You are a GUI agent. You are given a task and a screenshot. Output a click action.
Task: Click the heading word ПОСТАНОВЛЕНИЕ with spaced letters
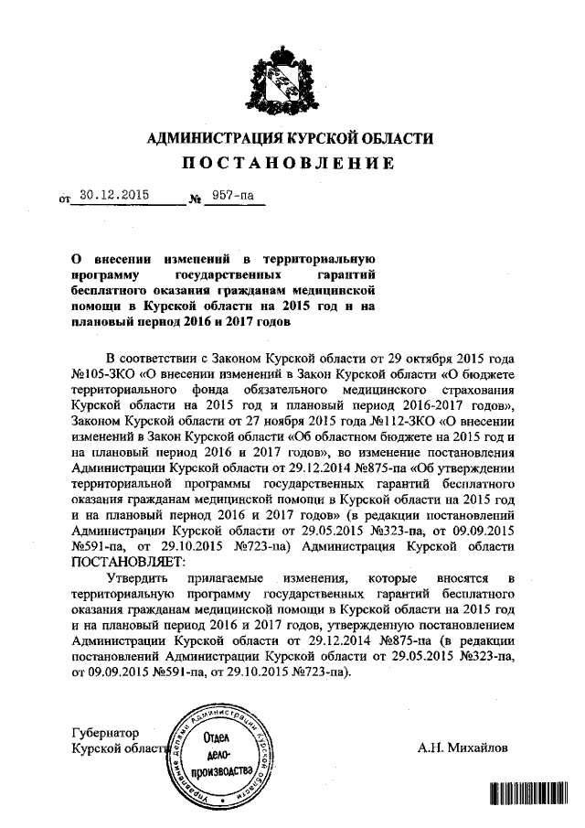[291, 164]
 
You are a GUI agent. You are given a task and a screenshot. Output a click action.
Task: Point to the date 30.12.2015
[113, 195]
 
